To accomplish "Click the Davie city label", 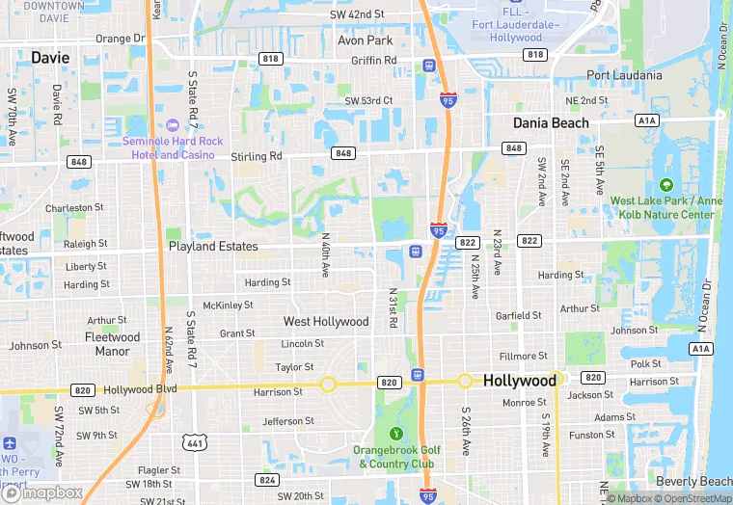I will (50, 58).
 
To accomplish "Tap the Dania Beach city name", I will (551, 123).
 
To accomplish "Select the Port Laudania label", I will (624, 75).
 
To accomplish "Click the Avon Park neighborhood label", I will (365, 41).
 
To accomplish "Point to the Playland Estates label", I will (213, 247).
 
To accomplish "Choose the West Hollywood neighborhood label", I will (326, 321).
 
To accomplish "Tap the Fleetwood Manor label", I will (113, 344).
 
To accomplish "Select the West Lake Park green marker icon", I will (664, 185).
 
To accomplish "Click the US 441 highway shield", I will (194, 442).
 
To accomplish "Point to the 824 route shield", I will (267, 479).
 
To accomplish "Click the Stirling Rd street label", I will (256, 155).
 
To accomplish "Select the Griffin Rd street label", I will (374, 60).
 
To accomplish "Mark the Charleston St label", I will (74, 207).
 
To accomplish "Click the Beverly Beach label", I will (693, 481).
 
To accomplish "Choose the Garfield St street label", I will (519, 316).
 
